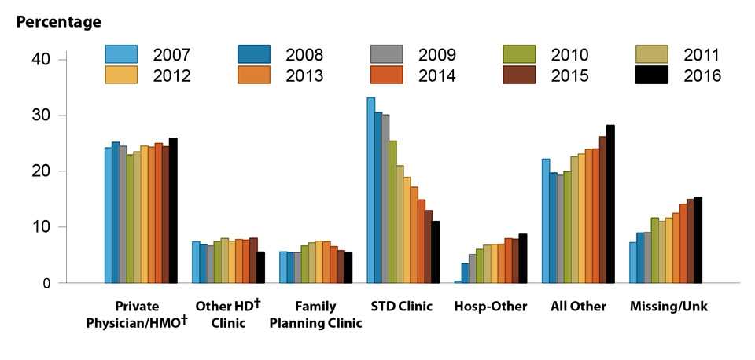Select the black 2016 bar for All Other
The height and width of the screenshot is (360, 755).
click(x=610, y=204)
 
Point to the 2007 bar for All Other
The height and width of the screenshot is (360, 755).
click(x=546, y=221)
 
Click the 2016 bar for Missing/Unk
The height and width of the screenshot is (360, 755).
click(x=698, y=240)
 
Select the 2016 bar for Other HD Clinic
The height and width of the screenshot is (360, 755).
click(x=260, y=267)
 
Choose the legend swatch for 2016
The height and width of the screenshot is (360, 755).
click(x=651, y=75)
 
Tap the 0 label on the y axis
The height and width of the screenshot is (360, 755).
click(x=47, y=283)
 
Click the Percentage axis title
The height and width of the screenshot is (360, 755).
click(x=58, y=22)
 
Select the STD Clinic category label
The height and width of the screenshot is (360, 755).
click(x=401, y=307)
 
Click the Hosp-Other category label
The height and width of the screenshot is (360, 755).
click(x=489, y=307)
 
